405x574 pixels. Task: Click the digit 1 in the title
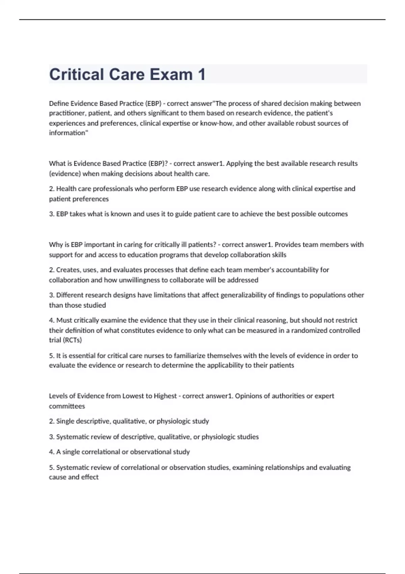click(201, 74)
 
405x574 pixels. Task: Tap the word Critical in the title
click(76, 74)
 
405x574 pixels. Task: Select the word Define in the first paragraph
click(59, 103)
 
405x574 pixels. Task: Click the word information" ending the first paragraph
click(69, 133)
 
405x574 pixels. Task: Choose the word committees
click(67, 406)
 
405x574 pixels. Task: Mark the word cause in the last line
click(57, 477)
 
